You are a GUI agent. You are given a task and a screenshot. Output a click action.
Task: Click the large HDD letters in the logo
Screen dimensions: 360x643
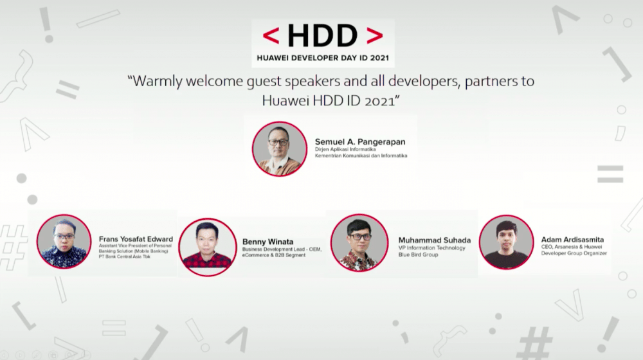coord(322,36)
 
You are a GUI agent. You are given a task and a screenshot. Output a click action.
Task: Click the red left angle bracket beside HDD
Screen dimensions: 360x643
coord(271,36)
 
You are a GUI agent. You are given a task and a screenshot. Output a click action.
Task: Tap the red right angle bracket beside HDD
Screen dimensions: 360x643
coord(374,36)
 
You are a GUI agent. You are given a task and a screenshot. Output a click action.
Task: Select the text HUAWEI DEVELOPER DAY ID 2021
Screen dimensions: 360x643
coord(323,58)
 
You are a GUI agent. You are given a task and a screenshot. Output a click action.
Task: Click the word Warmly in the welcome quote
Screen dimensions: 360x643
coord(161,82)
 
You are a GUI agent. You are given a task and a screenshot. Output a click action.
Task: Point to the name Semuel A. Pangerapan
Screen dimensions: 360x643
coord(361,141)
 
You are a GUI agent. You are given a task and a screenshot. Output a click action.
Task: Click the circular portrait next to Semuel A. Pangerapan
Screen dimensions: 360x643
coord(280,149)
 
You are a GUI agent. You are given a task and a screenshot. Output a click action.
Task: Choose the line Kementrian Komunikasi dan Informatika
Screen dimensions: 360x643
coord(361,156)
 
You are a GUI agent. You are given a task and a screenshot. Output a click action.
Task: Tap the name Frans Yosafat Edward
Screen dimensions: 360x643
coord(136,239)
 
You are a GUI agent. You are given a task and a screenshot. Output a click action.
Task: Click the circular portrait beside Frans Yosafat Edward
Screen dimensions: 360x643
coord(64,242)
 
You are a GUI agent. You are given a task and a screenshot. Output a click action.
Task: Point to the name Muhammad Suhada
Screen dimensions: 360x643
coord(434,240)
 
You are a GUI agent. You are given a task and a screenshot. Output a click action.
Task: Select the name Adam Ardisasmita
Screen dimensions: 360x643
coord(572,240)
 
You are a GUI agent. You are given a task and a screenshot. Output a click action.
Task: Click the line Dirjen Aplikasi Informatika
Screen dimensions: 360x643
coord(345,149)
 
